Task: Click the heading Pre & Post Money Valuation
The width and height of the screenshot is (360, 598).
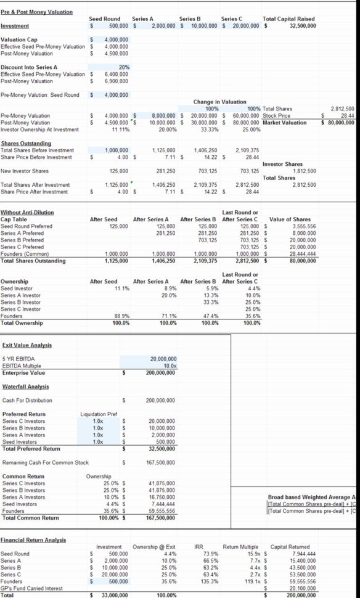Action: pos(36,12)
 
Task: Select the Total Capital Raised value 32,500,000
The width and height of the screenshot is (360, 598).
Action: pos(303,26)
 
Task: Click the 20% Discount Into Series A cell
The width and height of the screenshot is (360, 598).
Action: pos(123,67)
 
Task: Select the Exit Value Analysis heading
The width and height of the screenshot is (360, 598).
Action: pos(27,345)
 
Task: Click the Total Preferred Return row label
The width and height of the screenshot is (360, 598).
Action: pos(31,448)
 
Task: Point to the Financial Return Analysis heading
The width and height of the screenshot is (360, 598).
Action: pos(33,540)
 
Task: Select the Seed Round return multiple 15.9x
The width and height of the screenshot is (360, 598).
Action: pos(245,554)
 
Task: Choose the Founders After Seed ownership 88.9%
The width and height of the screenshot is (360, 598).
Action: pos(121,316)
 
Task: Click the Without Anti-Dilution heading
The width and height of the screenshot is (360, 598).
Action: pos(27,212)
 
